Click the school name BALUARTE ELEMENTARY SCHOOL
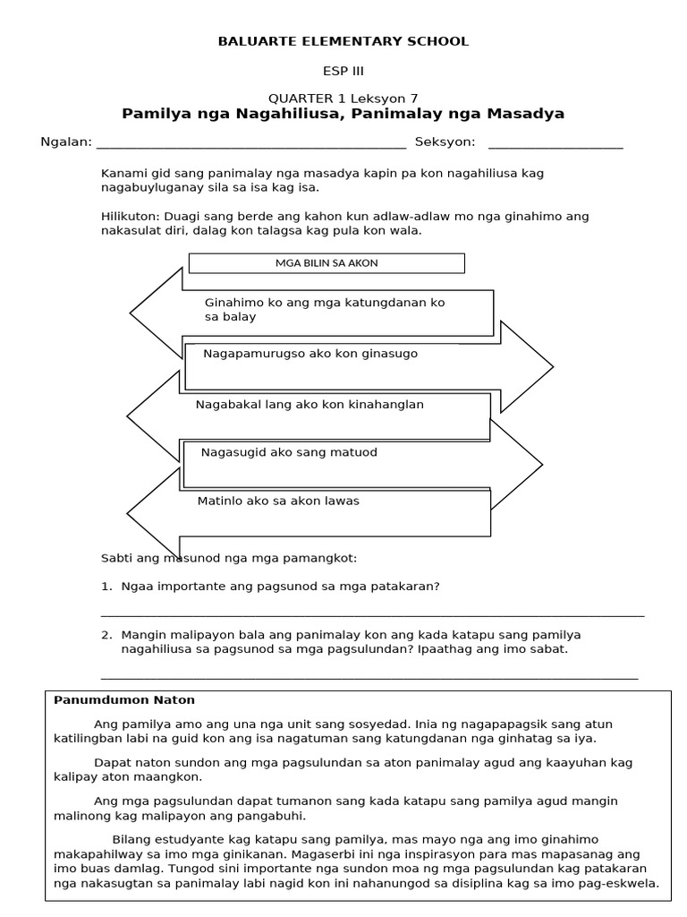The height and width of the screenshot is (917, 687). point(343,41)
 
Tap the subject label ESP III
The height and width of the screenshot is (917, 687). point(343,70)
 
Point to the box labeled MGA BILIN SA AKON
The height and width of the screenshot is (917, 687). point(327,262)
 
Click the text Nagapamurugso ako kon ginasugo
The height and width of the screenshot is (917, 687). point(310,354)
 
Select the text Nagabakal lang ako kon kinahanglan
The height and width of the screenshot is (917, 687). point(310,405)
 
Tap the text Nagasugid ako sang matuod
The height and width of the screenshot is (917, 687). point(289,452)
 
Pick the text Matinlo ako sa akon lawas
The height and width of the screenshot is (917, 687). point(278,501)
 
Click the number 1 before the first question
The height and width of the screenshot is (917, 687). point(106,587)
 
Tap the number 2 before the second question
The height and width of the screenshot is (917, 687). point(106,635)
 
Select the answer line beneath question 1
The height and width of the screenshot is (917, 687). point(372,615)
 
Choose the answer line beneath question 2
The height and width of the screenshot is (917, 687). point(369,678)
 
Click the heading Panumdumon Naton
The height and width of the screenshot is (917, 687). point(124,699)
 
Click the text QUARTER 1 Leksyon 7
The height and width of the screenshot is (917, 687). point(343,99)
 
